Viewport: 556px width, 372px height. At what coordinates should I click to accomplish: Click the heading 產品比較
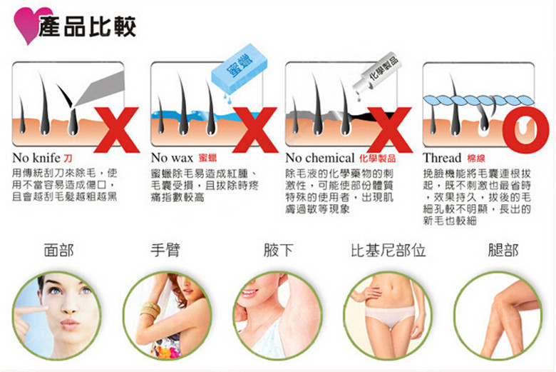(x=88, y=26)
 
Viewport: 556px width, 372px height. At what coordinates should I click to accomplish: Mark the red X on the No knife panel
(x=117, y=130)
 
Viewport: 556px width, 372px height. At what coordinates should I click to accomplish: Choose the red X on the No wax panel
(x=255, y=130)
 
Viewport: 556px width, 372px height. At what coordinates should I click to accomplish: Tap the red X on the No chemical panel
(x=390, y=130)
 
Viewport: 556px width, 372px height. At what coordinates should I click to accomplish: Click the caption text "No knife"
(x=36, y=157)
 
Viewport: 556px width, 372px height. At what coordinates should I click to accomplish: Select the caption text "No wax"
(x=172, y=157)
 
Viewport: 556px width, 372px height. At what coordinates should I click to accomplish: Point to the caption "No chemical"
(x=320, y=157)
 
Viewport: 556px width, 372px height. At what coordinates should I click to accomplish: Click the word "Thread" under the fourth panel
(x=442, y=157)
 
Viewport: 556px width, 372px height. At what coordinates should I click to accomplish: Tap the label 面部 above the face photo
(x=58, y=250)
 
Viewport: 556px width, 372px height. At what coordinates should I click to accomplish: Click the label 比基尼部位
(x=388, y=250)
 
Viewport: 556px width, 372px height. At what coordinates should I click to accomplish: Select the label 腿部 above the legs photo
(x=503, y=250)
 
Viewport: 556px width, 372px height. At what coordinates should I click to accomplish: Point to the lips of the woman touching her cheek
(x=70, y=323)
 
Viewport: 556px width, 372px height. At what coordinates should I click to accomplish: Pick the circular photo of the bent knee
(x=498, y=316)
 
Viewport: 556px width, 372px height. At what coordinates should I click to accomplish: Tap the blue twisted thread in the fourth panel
(x=479, y=101)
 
